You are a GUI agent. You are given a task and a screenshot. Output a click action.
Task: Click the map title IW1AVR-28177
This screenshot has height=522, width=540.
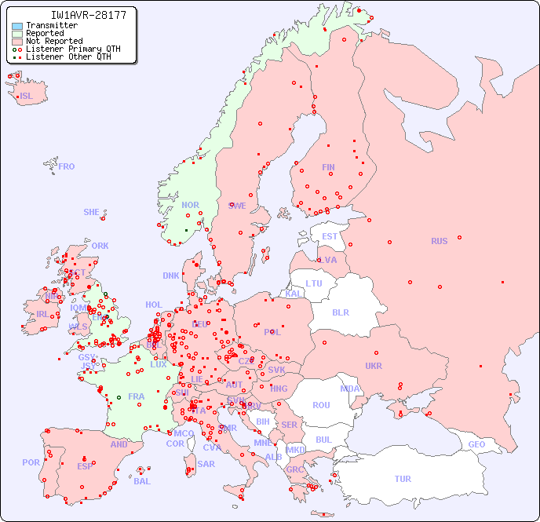pos(77,15)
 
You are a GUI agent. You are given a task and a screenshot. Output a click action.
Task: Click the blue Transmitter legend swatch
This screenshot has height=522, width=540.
pos(17,26)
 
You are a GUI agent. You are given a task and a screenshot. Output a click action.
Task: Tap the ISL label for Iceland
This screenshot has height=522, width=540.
pos(27,97)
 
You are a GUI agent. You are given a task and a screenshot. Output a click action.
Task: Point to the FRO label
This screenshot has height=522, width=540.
pos(67,166)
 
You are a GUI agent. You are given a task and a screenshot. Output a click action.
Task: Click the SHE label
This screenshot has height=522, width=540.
pos(92,212)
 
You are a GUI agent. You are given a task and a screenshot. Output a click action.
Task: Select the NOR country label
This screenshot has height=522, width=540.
pos(190,205)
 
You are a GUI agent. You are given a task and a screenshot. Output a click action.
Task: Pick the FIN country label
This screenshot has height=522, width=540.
pos(328,167)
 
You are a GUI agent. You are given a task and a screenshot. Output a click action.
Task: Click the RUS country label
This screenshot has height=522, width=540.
pos(439,241)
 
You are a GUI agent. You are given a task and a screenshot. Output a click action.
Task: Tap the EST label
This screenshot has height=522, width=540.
pos(330,236)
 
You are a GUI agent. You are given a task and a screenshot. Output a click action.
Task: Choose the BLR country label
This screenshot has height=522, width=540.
pos(340,312)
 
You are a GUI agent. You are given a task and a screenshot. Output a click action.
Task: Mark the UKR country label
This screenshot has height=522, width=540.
pos(374,366)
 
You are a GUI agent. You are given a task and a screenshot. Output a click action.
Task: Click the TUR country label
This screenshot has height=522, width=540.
pos(403,479)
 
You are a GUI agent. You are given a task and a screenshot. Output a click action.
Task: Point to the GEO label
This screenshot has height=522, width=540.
pos(476,444)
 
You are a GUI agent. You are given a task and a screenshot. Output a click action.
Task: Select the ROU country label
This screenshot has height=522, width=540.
pos(321,405)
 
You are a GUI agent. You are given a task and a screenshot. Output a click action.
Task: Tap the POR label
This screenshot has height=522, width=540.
pos(31,462)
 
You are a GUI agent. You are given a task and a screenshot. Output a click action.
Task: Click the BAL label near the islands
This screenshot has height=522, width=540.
pos(141,481)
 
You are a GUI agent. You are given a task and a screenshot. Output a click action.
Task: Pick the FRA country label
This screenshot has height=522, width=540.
pos(137,396)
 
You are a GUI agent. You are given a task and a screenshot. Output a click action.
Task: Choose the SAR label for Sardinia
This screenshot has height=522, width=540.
pos(206,464)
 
